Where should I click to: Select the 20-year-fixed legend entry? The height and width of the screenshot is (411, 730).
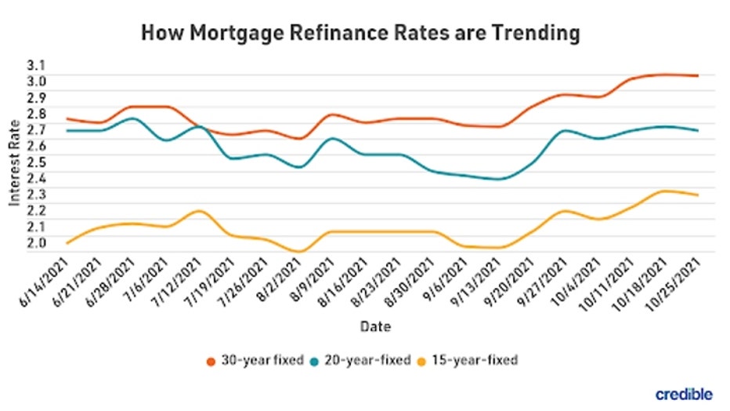pyautogui.click(x=364, y=360)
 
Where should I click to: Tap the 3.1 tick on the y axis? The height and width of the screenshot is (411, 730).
pyautogui.click(x=37, y=65)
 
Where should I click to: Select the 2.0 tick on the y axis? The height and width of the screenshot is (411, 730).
pyautogui.click(x=37, y=243)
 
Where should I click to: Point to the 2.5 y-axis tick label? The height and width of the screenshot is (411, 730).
pyautogui.click(x=37, y=162)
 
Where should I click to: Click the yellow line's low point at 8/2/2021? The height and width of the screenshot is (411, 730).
pyautogui.click(x=298, y=252)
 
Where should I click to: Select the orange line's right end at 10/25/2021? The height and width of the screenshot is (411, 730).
pyautogui.click(x=697, y=75)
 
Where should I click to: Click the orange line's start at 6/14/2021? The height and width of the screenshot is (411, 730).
pyautogui.click(x=67, y=118)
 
